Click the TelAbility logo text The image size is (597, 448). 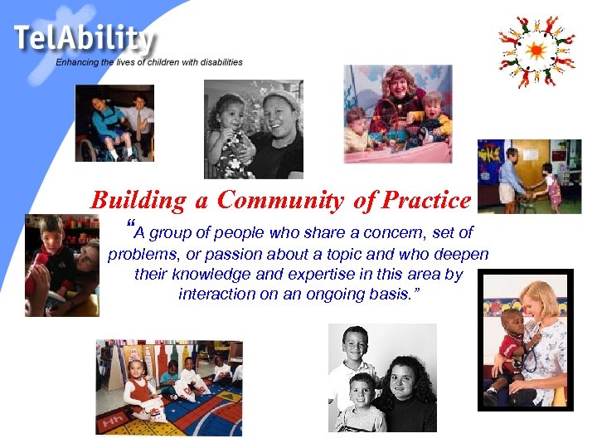[83, 39]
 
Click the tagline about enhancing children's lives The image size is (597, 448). [149, 62]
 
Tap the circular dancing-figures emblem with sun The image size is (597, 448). [536, 51]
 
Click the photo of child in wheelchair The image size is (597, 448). [114, 123]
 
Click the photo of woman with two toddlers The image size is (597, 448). [398, 114]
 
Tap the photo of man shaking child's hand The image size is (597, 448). [528, 175]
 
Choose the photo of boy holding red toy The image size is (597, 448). [61, 265]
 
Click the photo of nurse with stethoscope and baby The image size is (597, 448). [525, 339]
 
